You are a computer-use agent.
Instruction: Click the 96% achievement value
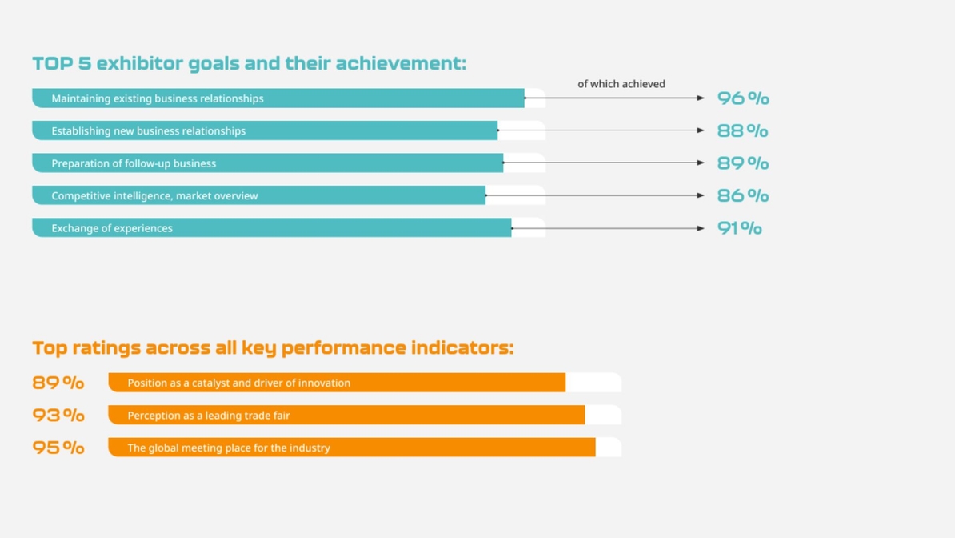[x=742, y=98]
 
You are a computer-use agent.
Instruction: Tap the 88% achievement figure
[x=742, y=130]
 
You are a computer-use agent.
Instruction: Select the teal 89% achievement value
[x=742, y=163]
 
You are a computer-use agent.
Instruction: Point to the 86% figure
[x=742, y=195]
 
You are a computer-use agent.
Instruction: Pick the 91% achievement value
[x=739, y=228]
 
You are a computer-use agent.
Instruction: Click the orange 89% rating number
[x=58, y=383]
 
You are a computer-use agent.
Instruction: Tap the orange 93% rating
[x=58, y=415]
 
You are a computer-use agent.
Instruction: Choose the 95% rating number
[x=58, y=448]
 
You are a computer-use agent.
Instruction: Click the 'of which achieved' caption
[x=621, y=84]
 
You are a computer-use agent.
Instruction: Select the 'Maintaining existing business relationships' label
[x=158, y=98]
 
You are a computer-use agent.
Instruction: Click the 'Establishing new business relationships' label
[x=149, y=130]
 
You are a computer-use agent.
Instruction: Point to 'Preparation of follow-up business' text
[x=134, y=163]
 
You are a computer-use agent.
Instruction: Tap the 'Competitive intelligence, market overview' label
[x=154, y=195]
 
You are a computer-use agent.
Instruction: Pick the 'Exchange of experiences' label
[x=112, y=228]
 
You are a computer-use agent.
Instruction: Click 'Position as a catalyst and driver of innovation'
[x=238, y=383]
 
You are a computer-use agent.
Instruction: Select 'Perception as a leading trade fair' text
[x=209, y=416]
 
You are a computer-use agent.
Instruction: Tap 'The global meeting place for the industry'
[x=229, y=448]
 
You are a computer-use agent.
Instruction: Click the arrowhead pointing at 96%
[x=701, y=98]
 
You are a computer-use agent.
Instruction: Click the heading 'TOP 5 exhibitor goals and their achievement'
[x=249, y=63]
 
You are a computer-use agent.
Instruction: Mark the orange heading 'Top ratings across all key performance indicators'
[x=273, y=347]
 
